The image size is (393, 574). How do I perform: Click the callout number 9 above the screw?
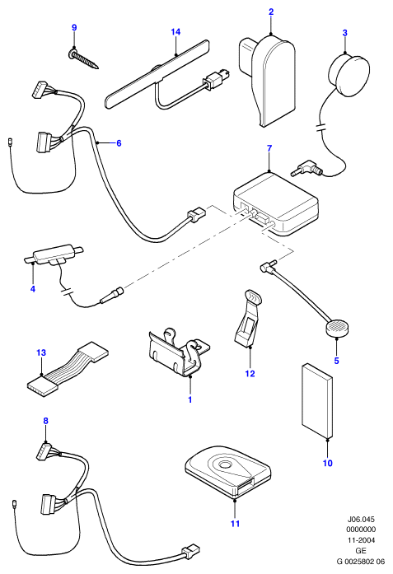click(74, 27)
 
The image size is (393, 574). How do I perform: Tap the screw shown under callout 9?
click(84, 59)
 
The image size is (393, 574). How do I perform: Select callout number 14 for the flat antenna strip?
click(175, 32)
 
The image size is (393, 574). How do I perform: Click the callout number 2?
click(271, 12)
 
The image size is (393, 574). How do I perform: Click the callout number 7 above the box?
click(269, 148)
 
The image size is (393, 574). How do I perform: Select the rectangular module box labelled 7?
click(276, 204)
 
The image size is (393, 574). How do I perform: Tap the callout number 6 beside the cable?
click(119, 143)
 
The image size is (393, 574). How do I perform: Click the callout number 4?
click(33, 289)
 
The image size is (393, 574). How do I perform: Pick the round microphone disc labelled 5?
click(337, 327)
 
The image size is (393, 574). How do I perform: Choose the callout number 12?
click(250, 373)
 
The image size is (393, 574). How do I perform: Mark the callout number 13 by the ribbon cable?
click(41, 352)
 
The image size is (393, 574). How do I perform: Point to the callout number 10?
click(327, 463)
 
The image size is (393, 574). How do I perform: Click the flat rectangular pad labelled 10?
click(317, 401)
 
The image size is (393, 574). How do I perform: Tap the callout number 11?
click(235, 524)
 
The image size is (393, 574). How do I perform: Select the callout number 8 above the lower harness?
click(46, 421)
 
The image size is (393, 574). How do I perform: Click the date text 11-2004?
click(361, 540)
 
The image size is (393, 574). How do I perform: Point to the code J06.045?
click(361, 519)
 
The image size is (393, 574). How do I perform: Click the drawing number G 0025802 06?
click(361, 561)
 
